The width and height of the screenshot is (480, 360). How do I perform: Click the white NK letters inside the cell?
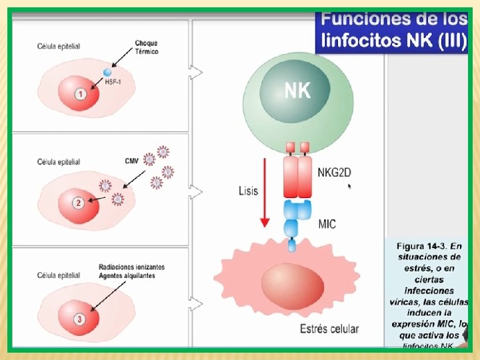tap(297, 91)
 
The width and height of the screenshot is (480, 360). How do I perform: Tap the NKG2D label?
tap(334, 173)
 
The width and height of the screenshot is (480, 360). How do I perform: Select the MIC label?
tap(327, 224)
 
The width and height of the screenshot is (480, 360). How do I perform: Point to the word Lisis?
tap(248, 191)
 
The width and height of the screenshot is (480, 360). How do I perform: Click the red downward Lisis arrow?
tap(265, 193)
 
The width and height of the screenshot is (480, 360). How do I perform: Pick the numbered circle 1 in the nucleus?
tap(80, 94)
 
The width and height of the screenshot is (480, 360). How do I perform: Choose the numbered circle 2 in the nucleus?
tap(79, 203)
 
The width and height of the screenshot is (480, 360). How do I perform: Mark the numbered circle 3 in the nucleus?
tap(80, 319)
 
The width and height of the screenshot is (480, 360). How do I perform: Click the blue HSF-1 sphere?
tap(107, 71)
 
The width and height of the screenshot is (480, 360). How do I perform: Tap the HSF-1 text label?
tap(113, 81)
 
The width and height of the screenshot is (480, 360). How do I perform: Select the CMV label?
tap(132, 161)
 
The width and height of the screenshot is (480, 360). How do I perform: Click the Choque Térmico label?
tap(146, 47)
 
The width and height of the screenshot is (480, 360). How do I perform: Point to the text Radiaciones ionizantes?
tap(131, 267)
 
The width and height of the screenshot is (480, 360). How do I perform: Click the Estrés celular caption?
tap(329, 329)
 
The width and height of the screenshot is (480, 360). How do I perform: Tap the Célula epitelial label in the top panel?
tap(59, 46)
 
